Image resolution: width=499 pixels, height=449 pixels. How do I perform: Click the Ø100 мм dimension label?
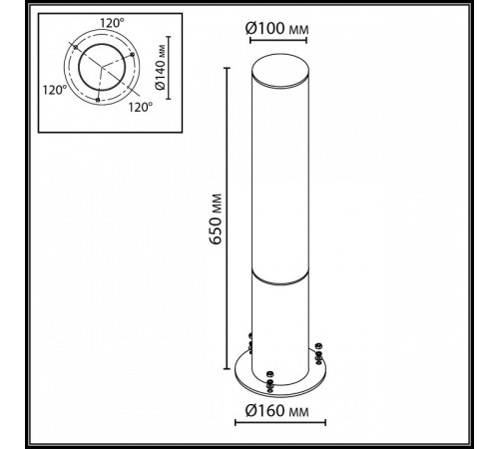pos(275,26)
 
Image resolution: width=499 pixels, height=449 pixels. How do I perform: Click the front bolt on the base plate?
pos(270,380)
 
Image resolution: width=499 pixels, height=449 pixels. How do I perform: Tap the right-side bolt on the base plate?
pos(317,351)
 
